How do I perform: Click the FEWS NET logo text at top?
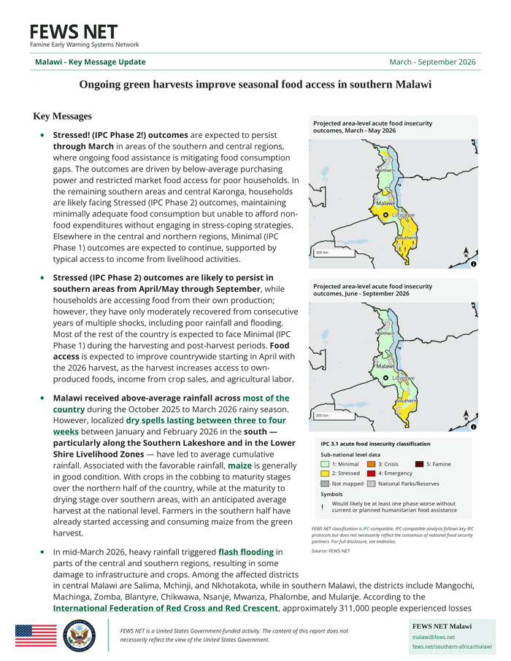click(x=73, y=32)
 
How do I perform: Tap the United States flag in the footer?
click(x=35, y=635)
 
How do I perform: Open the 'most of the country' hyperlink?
click(x=266, y=398)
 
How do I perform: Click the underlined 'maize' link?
click(x=239, y=465)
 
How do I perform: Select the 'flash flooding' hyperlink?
click(x=247, y=552)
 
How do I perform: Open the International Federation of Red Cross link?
click(x=166, y=608)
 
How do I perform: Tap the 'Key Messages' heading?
click(x=63, y=117)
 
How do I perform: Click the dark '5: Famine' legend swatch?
click(x=418, y=464)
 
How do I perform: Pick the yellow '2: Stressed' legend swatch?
click(x=325, y=473)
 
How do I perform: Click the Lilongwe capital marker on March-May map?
click(x=385, y=215)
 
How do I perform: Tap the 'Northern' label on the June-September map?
click(x=385, y=333)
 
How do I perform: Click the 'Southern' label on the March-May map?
click(x=407, y=239)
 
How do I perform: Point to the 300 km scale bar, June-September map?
click(x=323, y=416)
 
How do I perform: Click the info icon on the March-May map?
click(x=473, y=263)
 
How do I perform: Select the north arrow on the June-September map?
click(x=466, y=415)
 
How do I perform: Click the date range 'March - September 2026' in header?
click(x=432, y=62)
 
